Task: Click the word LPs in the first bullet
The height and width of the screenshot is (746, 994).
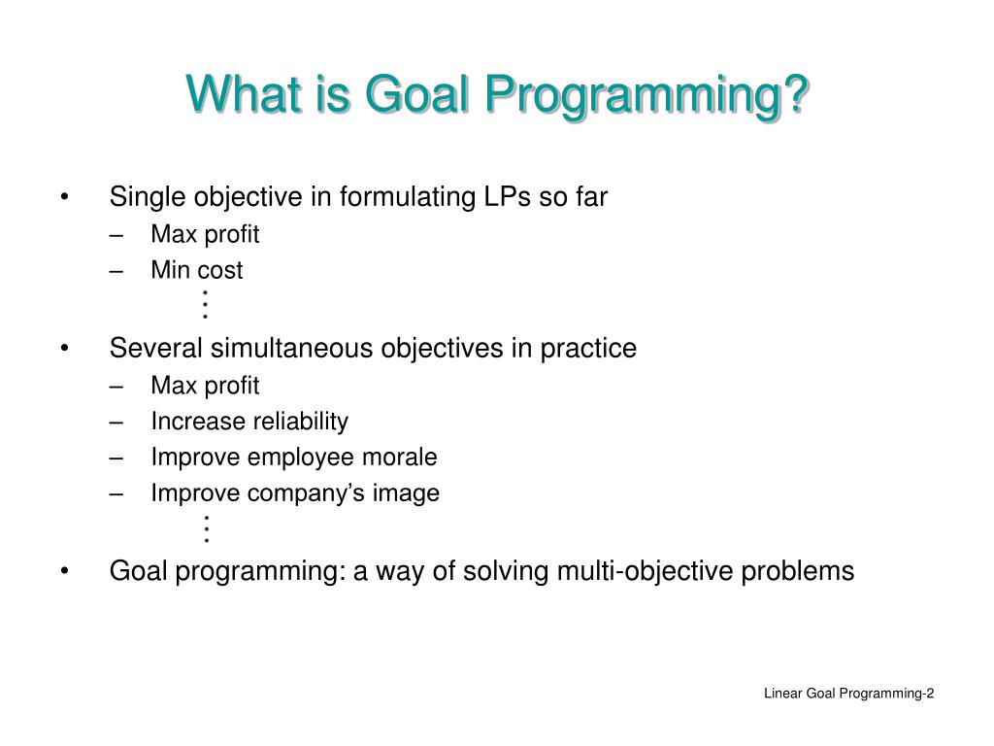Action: pyautogui.click(x=505, y=197)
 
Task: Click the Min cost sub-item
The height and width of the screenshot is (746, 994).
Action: pyautogui.click(x=196, y=271)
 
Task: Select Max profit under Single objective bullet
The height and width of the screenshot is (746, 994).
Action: pyautogui.click(x=205, y=235)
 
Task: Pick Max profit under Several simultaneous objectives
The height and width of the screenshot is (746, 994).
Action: pyautogui.click(x=205, y=387)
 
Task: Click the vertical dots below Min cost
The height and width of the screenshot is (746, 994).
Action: pyautogui.click(x=206, y=305)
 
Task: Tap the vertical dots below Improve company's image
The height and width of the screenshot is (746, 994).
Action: pyautogui.click(x=206, y=528)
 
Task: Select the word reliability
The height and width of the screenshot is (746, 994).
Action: pyautogui.click(x=300, y=422)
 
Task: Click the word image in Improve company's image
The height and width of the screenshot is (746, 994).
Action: pyautogui.click(x=411, y=493)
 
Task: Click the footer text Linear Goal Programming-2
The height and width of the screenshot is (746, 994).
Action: pyautogui.click(x=848, y=693)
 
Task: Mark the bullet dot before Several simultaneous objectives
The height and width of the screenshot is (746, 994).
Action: pyautogui.click(x=64, y=349)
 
